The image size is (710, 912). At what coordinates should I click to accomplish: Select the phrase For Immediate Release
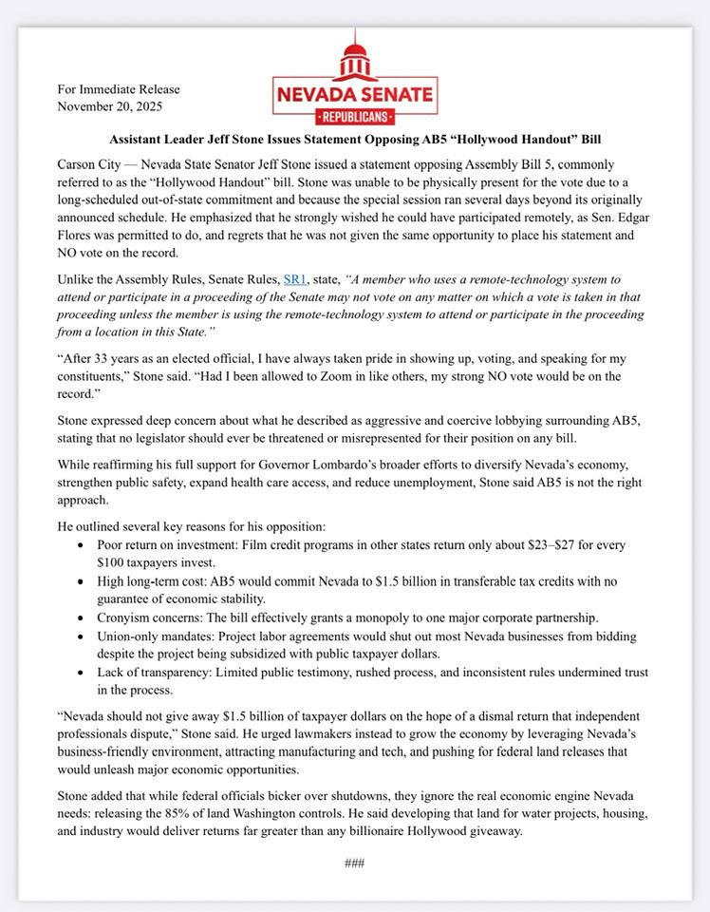point(119,89)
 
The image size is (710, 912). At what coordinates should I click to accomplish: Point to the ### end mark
point(355,863)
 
